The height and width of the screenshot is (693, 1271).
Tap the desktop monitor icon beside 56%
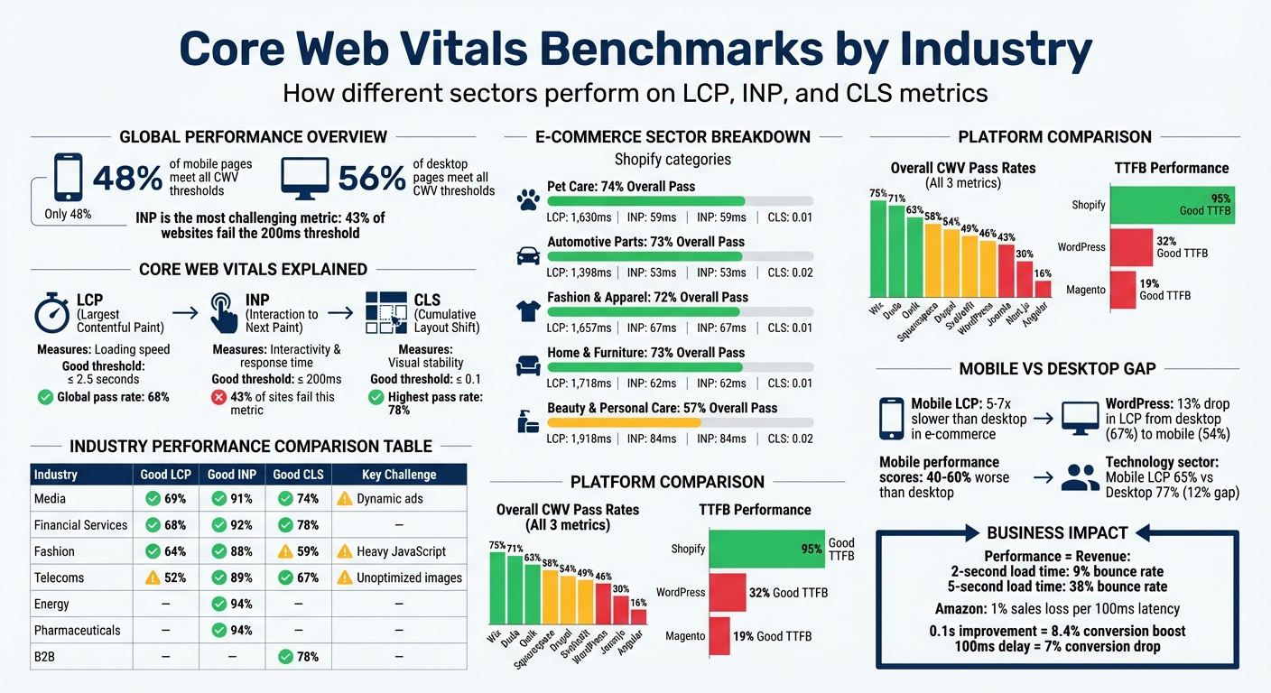pos(304,179)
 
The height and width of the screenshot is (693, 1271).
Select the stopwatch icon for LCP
pos(51,313)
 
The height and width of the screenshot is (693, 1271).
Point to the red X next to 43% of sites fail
pos(218,397)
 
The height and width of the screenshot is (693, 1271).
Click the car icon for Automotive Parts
pos(528,255)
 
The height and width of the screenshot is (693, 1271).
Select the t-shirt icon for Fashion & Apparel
pos(528,311)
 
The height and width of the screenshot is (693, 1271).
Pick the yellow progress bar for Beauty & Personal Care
pos(625,422)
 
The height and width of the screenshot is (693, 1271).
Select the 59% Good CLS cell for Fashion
pos(299,551)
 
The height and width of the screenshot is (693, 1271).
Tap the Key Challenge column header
pos(398,474)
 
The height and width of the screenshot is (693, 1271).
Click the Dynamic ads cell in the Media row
pos(389,498)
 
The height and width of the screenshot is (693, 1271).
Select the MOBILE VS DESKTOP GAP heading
pos(1056,368)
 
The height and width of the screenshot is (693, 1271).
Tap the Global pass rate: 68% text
pos(113,397)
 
